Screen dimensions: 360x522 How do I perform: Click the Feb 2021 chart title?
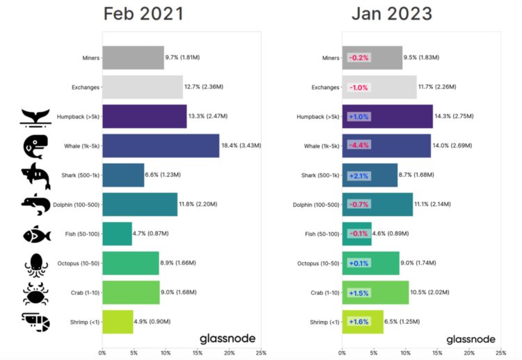tap(144, 14)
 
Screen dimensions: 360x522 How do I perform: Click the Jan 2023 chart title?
tap(392, 14)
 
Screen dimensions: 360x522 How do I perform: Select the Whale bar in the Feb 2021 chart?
tap(161, 146)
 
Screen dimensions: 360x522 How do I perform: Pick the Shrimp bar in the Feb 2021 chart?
tap(118, 321)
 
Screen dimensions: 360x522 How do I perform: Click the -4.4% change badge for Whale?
tap(360, 146)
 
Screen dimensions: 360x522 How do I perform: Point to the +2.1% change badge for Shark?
tap(360, 175)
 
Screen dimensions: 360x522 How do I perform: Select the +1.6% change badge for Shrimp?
tap(360, 321)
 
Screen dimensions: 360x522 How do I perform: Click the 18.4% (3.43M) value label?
tap(244, 145)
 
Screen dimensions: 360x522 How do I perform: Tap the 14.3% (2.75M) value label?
tap(459, 116)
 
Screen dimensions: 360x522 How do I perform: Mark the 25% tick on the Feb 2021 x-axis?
tap(260, 353)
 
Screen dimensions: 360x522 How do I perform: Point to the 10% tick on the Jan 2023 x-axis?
tap(406, 353)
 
